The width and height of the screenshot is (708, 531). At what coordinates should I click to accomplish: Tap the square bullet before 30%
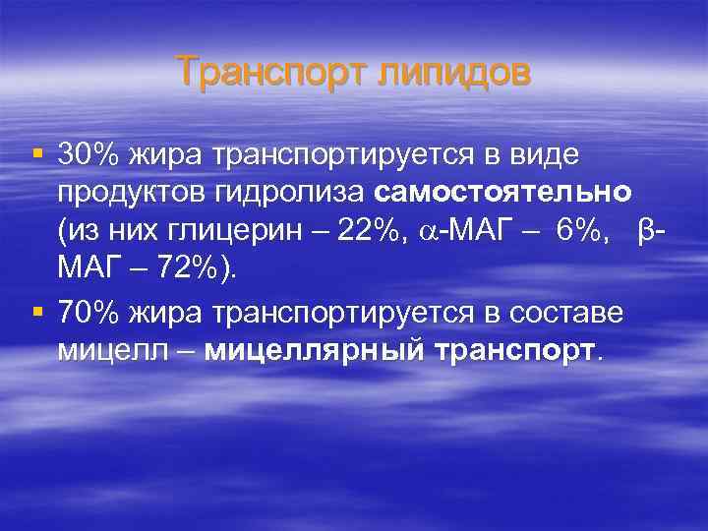click(x=37, y=155)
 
